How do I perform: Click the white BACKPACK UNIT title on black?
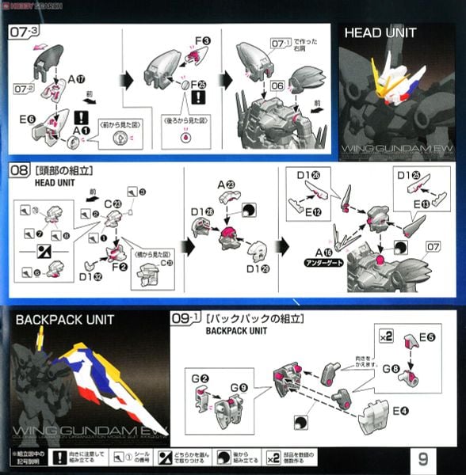point(64,320)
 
